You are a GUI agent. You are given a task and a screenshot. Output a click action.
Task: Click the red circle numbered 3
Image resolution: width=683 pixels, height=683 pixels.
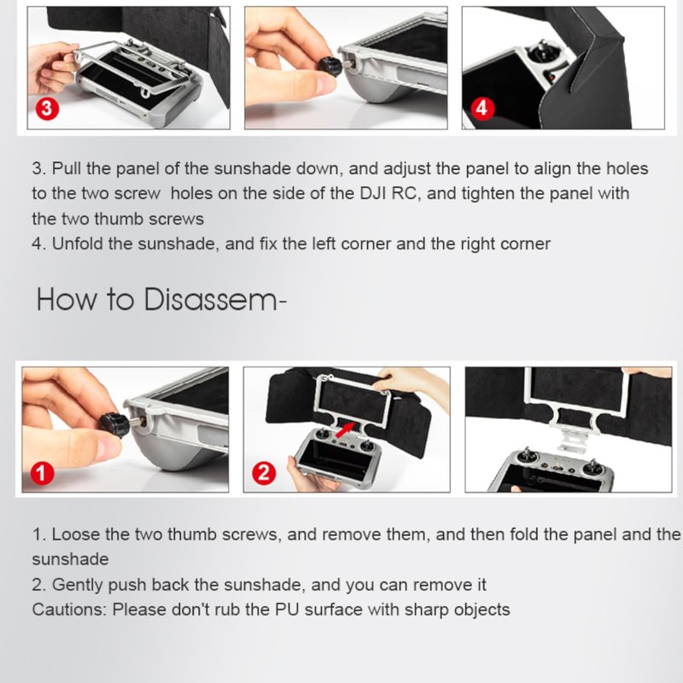[x=47, y=108]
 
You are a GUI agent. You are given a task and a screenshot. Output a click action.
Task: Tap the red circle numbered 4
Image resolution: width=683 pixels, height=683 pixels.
[x=482, y=108]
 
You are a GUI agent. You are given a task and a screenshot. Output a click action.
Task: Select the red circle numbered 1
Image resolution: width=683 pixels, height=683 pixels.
[x=42, y=473]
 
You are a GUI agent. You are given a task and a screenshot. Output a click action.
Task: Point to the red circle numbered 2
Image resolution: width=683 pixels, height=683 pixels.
[x=264, y=473]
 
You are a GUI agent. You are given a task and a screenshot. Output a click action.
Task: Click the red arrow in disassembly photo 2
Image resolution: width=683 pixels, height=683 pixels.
[x=345, y=429]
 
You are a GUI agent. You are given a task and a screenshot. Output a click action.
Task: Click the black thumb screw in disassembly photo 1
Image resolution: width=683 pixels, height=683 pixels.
[x=114, y=424]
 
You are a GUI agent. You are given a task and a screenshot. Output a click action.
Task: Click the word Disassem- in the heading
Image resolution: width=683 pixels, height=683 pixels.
[x=215, y=300]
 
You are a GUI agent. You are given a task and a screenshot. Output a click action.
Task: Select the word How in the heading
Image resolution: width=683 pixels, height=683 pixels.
[x=67, y=300]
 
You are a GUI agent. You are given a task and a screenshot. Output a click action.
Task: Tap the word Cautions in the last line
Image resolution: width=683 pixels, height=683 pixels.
[x=69, y=610]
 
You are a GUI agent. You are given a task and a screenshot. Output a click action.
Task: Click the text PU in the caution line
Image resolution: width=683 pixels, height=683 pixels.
[x=287, y=610]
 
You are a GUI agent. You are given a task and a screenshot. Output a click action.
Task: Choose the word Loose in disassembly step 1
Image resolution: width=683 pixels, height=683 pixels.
[x=76, y=534]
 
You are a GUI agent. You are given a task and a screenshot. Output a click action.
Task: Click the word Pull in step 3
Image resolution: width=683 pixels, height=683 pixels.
[x=67, y=168]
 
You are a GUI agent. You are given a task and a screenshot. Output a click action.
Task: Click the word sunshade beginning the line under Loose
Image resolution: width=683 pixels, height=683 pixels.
[x=70, y=559]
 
